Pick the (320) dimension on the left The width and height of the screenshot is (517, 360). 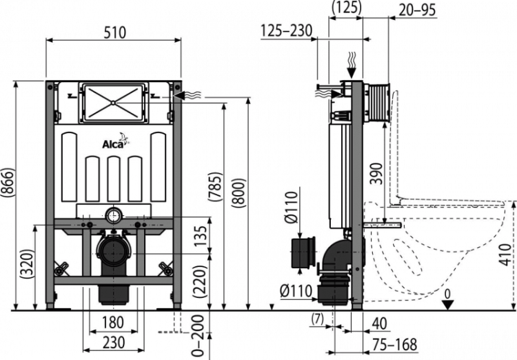(x=26, y=263)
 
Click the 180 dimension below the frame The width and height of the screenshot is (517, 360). (x=114, y=323)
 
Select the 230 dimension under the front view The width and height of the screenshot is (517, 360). (x=114, y=342)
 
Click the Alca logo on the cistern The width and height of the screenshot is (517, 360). (x=114, y=144)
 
